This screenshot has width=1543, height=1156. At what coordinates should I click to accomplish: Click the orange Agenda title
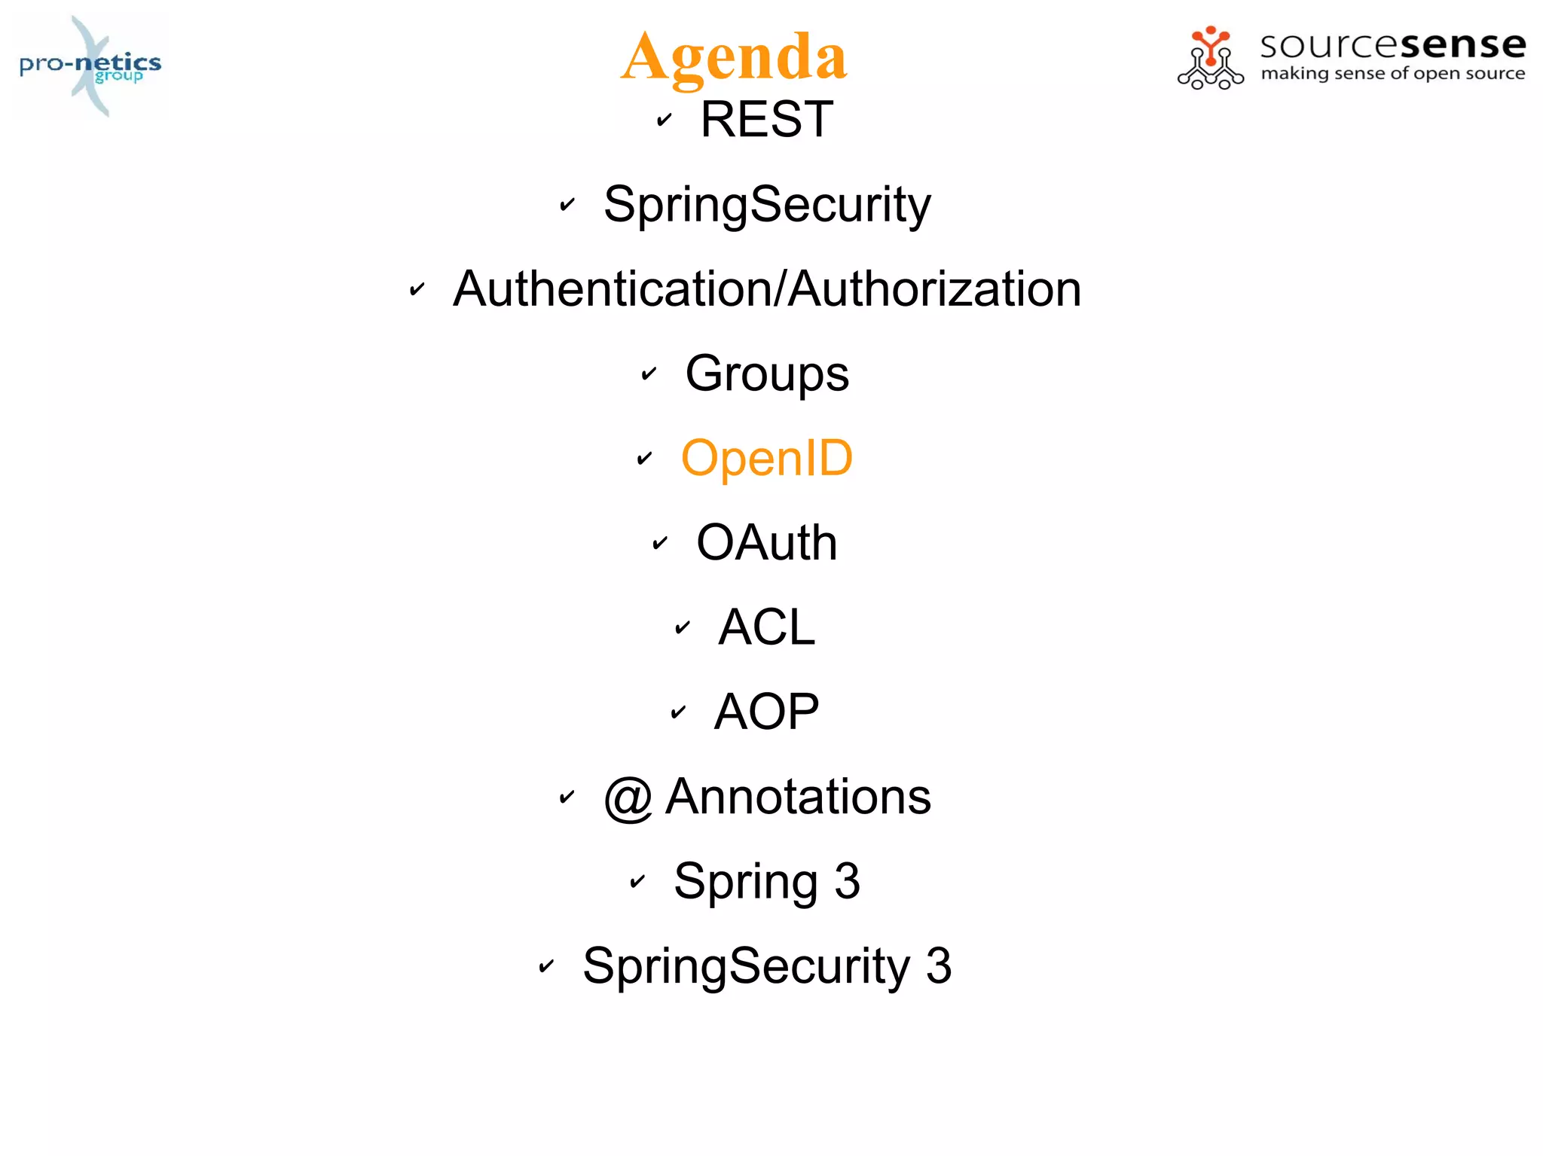coord(735,56)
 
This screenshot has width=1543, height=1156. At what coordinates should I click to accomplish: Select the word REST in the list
coord(766,119)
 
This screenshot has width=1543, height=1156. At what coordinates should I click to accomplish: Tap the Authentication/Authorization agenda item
coord(766,289)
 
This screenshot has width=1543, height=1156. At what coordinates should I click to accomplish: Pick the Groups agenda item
coord(766,374)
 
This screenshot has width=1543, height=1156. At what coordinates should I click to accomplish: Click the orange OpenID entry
coord(766,458)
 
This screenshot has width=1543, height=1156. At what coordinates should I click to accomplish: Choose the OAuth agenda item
coord(766,543)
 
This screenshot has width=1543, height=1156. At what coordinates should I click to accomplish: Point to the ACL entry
coord(766,627)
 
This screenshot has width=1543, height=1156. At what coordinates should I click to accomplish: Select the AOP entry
coord(766,712)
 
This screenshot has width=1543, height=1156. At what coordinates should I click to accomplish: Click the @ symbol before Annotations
coord(628,798)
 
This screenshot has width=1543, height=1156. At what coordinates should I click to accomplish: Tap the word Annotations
coord(798,797)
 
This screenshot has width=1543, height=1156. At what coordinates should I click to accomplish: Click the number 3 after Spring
coord(847,881)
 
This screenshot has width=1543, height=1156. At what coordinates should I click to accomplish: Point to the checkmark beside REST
coord(664,120)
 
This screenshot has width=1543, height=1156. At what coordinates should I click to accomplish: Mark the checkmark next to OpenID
coord(644,458)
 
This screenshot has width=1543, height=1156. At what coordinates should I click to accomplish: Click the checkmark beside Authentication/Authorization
coord(417,289)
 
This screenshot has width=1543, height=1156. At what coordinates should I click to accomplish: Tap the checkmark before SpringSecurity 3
coord(546,966)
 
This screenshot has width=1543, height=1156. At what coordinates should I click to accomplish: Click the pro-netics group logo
coord(90,66)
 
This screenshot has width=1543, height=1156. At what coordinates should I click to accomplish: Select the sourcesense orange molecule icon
coord(1210,58)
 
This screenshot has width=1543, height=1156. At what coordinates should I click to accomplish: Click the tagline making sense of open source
coord(1392,74)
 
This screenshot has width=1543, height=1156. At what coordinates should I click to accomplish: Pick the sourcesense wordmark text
coord(1392,44)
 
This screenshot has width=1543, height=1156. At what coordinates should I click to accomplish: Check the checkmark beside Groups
coord(649,374)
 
